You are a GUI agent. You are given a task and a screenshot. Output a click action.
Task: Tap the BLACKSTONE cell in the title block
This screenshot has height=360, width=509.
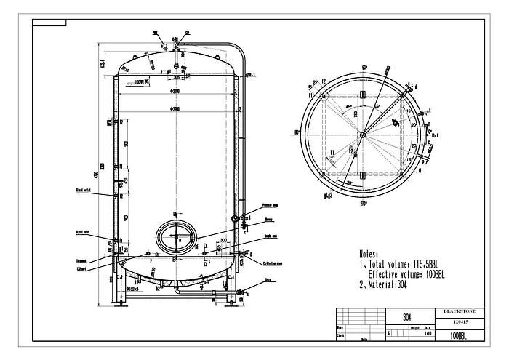click(462, 311)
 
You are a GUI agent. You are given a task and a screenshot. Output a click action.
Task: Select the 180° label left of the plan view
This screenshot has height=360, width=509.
click(296, 132)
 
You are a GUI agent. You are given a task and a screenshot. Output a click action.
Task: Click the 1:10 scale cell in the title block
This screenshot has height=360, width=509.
click(428, 332)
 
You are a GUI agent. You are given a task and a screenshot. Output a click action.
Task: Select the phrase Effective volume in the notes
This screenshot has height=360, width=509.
click(404, 275)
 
